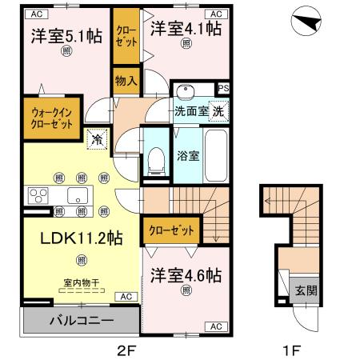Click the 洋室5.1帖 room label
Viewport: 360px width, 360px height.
pos(66,36)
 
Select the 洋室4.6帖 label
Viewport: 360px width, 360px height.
pos(186,274)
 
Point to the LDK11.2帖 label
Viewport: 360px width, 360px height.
pos(70,238)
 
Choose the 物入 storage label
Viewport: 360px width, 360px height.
pos(126,80)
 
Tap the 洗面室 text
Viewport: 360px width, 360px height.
pos(191,112)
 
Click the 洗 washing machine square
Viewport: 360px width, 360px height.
pos(218,112)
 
